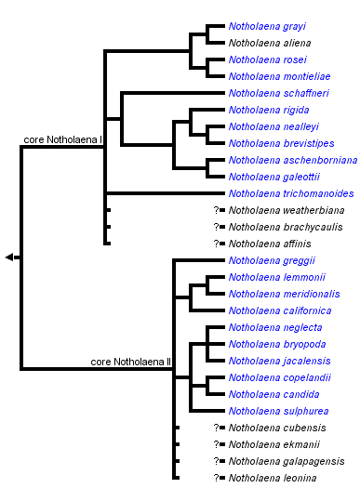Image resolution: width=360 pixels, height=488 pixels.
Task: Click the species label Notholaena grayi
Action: [267, 26]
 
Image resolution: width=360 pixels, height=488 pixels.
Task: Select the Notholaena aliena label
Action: [269, 43]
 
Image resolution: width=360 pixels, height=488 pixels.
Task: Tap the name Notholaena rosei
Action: [266, 59]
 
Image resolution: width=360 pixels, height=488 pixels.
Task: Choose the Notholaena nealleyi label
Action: [272, 126]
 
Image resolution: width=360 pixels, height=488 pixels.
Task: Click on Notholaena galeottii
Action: [273, 177]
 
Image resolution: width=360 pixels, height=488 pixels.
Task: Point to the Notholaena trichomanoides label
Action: [290, 193]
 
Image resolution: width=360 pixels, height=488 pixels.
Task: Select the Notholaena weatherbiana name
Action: [283, 210]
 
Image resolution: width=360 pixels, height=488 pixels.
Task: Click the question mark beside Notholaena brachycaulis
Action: [216, 227]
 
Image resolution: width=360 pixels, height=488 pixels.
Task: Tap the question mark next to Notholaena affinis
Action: [216, 244]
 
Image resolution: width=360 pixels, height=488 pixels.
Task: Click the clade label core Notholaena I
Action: [62, 139]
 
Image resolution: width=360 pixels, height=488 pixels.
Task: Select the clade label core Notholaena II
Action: [131, 362]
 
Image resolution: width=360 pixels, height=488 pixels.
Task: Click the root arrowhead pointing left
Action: [9, 257]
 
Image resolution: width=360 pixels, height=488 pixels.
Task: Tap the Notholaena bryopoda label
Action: [276, 344]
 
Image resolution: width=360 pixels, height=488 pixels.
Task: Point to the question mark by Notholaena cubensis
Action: [216, 428]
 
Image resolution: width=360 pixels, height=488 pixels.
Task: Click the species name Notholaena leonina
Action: [273, 478]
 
